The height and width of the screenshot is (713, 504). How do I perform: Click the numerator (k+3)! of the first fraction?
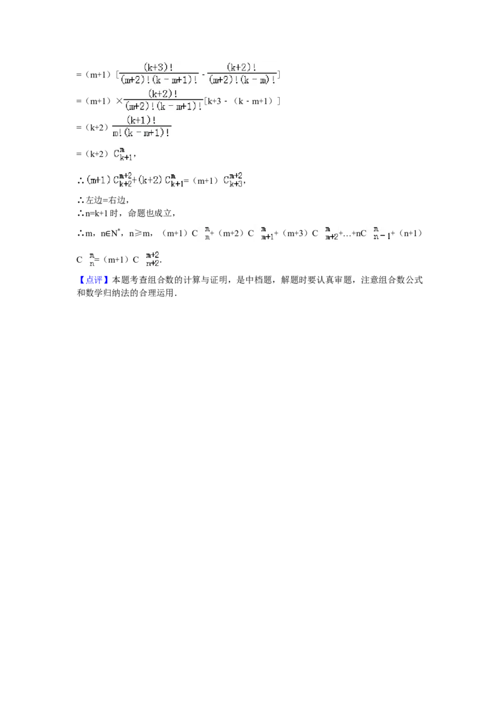point(159,67)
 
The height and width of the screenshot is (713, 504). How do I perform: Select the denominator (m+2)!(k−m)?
point(243,81)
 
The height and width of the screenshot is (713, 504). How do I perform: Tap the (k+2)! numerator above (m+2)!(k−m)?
point(242,67)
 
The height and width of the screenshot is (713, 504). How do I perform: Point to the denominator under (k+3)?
point(159,81)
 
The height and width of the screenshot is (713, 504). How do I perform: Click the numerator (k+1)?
point(141,120)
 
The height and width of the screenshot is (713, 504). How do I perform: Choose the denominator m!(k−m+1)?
point(141,133)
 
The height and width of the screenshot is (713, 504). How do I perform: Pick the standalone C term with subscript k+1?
point(123,153)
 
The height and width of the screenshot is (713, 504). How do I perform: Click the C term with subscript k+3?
point(234,180)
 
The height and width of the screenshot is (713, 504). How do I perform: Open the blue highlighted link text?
point(94,280)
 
